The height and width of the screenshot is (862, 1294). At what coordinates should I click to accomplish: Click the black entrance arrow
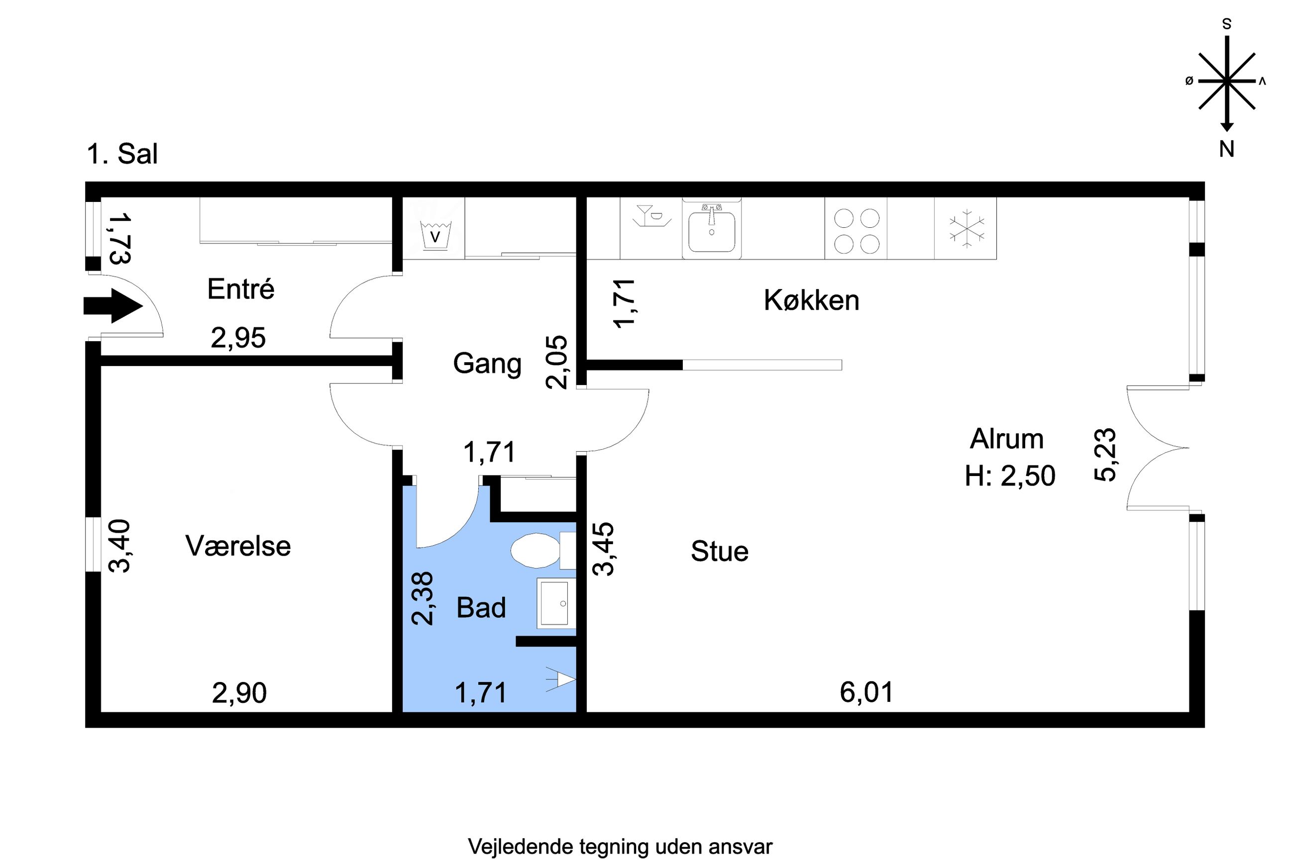point(113,306)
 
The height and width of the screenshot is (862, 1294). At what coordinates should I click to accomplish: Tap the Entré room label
point(240,289)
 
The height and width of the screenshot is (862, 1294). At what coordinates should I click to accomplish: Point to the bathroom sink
point(556,602)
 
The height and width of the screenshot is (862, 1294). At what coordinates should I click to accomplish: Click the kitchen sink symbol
point(712,229)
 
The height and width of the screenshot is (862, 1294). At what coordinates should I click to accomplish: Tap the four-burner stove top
point(856,230)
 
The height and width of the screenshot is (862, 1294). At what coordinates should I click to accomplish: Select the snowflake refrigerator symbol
point(966,229)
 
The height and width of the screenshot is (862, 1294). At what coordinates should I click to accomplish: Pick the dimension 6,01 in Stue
point(866,692)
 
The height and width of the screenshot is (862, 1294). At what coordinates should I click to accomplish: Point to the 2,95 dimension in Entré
point(238,338)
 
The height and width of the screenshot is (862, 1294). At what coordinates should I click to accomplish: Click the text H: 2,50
point(1010,476)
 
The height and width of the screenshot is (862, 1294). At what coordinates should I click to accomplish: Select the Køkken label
point(811,301)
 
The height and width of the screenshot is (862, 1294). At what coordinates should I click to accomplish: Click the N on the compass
point(1226,149)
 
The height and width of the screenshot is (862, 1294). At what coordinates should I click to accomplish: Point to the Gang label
point(487,364)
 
